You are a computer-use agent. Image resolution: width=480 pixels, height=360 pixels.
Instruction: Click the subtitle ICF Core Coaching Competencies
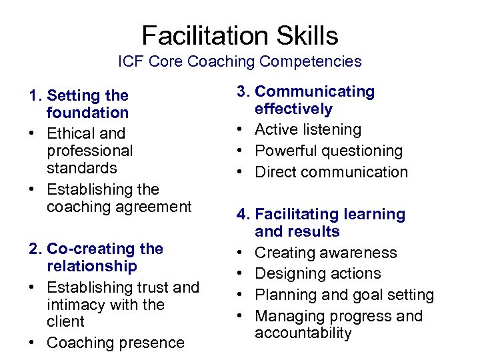[x=240, y=62]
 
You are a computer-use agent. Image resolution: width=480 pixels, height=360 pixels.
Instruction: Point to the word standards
[x=82, y=168]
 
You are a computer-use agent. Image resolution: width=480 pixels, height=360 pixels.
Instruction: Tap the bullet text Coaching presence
[x=115, y=343]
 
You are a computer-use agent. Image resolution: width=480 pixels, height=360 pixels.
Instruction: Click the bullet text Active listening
[x=308, y=129]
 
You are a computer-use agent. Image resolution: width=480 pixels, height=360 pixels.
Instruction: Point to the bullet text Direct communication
[x=331, y=172]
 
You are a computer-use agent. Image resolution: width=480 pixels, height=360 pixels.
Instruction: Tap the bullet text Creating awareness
[x=325, y=253]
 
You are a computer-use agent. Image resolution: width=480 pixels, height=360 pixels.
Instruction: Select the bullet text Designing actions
[x=318, y=273]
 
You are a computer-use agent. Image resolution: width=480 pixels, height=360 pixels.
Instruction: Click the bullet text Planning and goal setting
[x=344, y=295]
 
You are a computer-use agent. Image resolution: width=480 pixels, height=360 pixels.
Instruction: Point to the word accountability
[x=303, y=333]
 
